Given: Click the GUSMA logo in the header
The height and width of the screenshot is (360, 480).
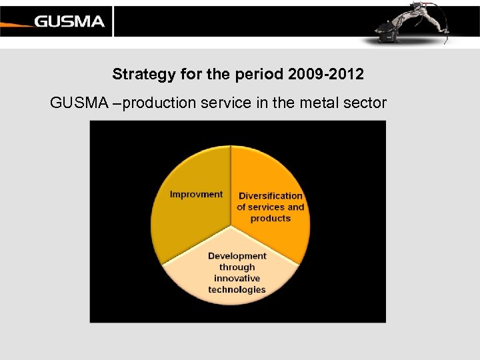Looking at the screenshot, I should (x=69, y=21).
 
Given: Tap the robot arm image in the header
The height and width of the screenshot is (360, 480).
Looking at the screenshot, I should (x=407, y=23).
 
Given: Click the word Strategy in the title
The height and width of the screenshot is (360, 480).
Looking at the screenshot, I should (x=139, y=74).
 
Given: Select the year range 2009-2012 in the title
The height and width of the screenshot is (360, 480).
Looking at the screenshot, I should (x=327, y=74).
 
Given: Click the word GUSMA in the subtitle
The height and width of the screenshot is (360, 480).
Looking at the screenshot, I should (x=75, y=103).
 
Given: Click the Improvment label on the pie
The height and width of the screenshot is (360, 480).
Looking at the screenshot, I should (x=196, y=194).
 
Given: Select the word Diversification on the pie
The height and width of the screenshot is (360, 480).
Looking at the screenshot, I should (x=271, y=196).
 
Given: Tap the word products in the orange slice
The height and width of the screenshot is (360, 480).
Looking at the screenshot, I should (x=271, y=218).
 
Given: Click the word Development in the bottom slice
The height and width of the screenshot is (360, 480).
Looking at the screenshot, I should (x=237, y=255).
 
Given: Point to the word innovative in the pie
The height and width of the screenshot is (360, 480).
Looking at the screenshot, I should (x=237, y=278).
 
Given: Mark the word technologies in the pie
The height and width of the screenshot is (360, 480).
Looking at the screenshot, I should (x=237, y=289).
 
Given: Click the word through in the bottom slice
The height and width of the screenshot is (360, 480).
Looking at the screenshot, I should (x=237, y=267).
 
